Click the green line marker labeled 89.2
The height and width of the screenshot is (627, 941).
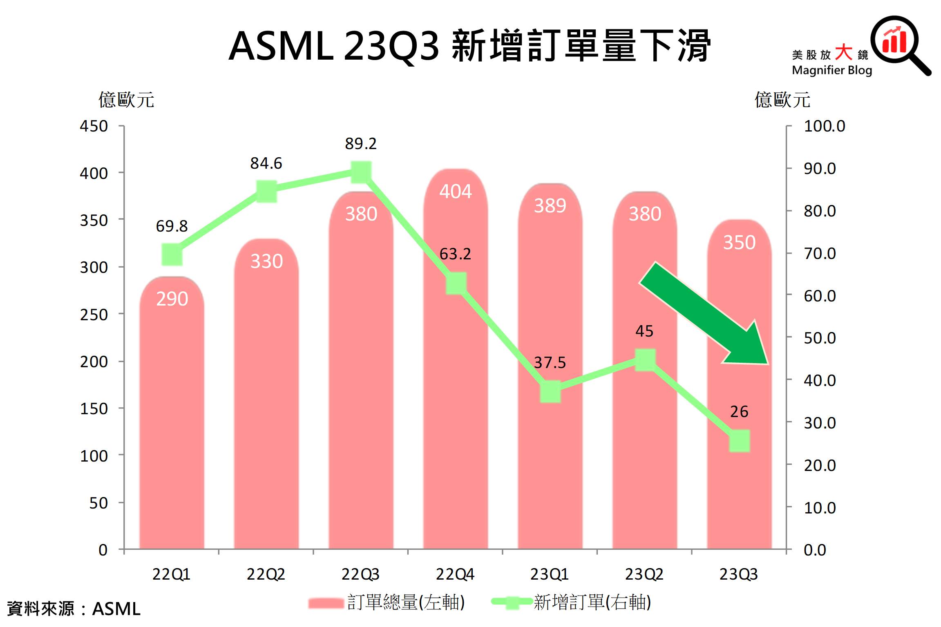361,172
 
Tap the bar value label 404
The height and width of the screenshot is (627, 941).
456,191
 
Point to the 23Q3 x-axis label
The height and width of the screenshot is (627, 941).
738,574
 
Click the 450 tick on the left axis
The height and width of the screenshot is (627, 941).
94,126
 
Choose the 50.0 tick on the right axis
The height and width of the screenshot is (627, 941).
820,338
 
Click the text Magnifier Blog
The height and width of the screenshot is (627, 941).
832,70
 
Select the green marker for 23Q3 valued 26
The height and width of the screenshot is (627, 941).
739,441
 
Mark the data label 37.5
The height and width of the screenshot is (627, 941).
550,362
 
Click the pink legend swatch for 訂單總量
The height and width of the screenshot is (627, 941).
326,603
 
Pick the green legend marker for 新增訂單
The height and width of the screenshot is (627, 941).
512,602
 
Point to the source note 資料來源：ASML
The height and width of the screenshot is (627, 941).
74,609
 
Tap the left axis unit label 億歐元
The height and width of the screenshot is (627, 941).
126,100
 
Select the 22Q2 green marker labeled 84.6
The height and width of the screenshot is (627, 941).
266,191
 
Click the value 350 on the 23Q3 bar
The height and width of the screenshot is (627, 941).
739,242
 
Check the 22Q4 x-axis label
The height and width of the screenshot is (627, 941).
455,574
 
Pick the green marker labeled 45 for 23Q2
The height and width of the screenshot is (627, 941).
645,360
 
